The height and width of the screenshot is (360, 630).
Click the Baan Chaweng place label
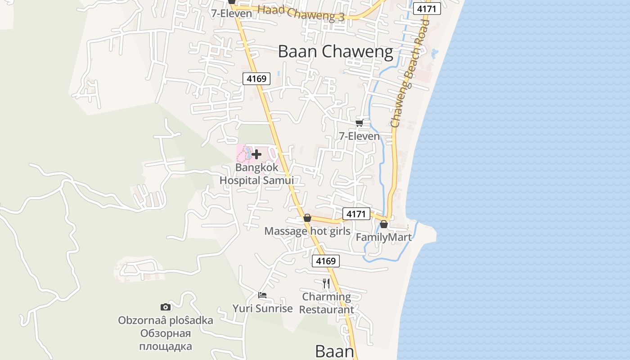[x=335, y=52]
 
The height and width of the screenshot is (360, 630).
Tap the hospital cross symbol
[x=256, y=155]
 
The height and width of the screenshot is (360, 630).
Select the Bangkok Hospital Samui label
[x=256, y=174]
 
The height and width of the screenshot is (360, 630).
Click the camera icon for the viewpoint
[x=166, y=307]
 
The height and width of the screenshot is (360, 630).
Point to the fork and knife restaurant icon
[x=326, y=283]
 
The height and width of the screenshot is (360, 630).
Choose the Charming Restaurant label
[x=327, y=303]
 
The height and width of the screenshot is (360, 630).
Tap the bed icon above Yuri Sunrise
[x=262, y=295]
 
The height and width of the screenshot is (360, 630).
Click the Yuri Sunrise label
[x=262, y=309]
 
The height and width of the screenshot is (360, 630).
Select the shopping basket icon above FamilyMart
[x=384, y=224]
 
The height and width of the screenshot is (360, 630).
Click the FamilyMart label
[x=384, y=237]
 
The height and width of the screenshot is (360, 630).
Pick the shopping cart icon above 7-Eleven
[x=359, y=123]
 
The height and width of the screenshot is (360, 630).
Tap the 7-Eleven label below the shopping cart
[x=359, y=136]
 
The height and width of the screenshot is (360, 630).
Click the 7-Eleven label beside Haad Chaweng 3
[x=232, y=13]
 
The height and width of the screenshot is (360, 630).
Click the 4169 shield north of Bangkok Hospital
[x=256, y=79]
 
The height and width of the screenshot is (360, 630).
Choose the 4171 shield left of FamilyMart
[x=356, y=214]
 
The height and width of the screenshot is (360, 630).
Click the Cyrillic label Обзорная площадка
[x=165, y=340]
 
